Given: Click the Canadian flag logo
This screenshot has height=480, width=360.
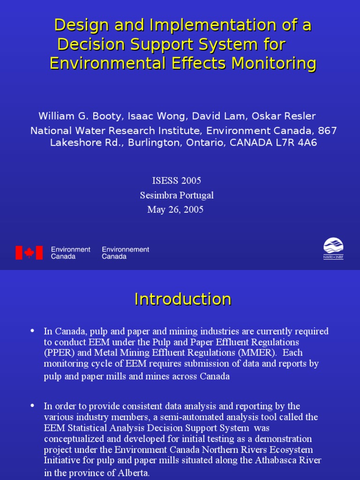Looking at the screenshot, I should (29, 253).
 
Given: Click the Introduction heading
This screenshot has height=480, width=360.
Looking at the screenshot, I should (182, 299).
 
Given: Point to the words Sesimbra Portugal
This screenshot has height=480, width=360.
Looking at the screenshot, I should (176, 195).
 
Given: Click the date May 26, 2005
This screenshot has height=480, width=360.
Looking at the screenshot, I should (175, 210).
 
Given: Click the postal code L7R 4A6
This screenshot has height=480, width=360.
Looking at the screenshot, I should (298, 142).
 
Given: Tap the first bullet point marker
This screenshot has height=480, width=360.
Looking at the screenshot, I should (32, 330).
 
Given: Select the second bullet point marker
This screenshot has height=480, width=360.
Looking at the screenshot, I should (32, 405).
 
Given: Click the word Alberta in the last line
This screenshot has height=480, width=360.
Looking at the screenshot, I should (133, 473).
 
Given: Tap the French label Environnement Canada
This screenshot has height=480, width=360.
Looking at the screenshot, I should (126, 253).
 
